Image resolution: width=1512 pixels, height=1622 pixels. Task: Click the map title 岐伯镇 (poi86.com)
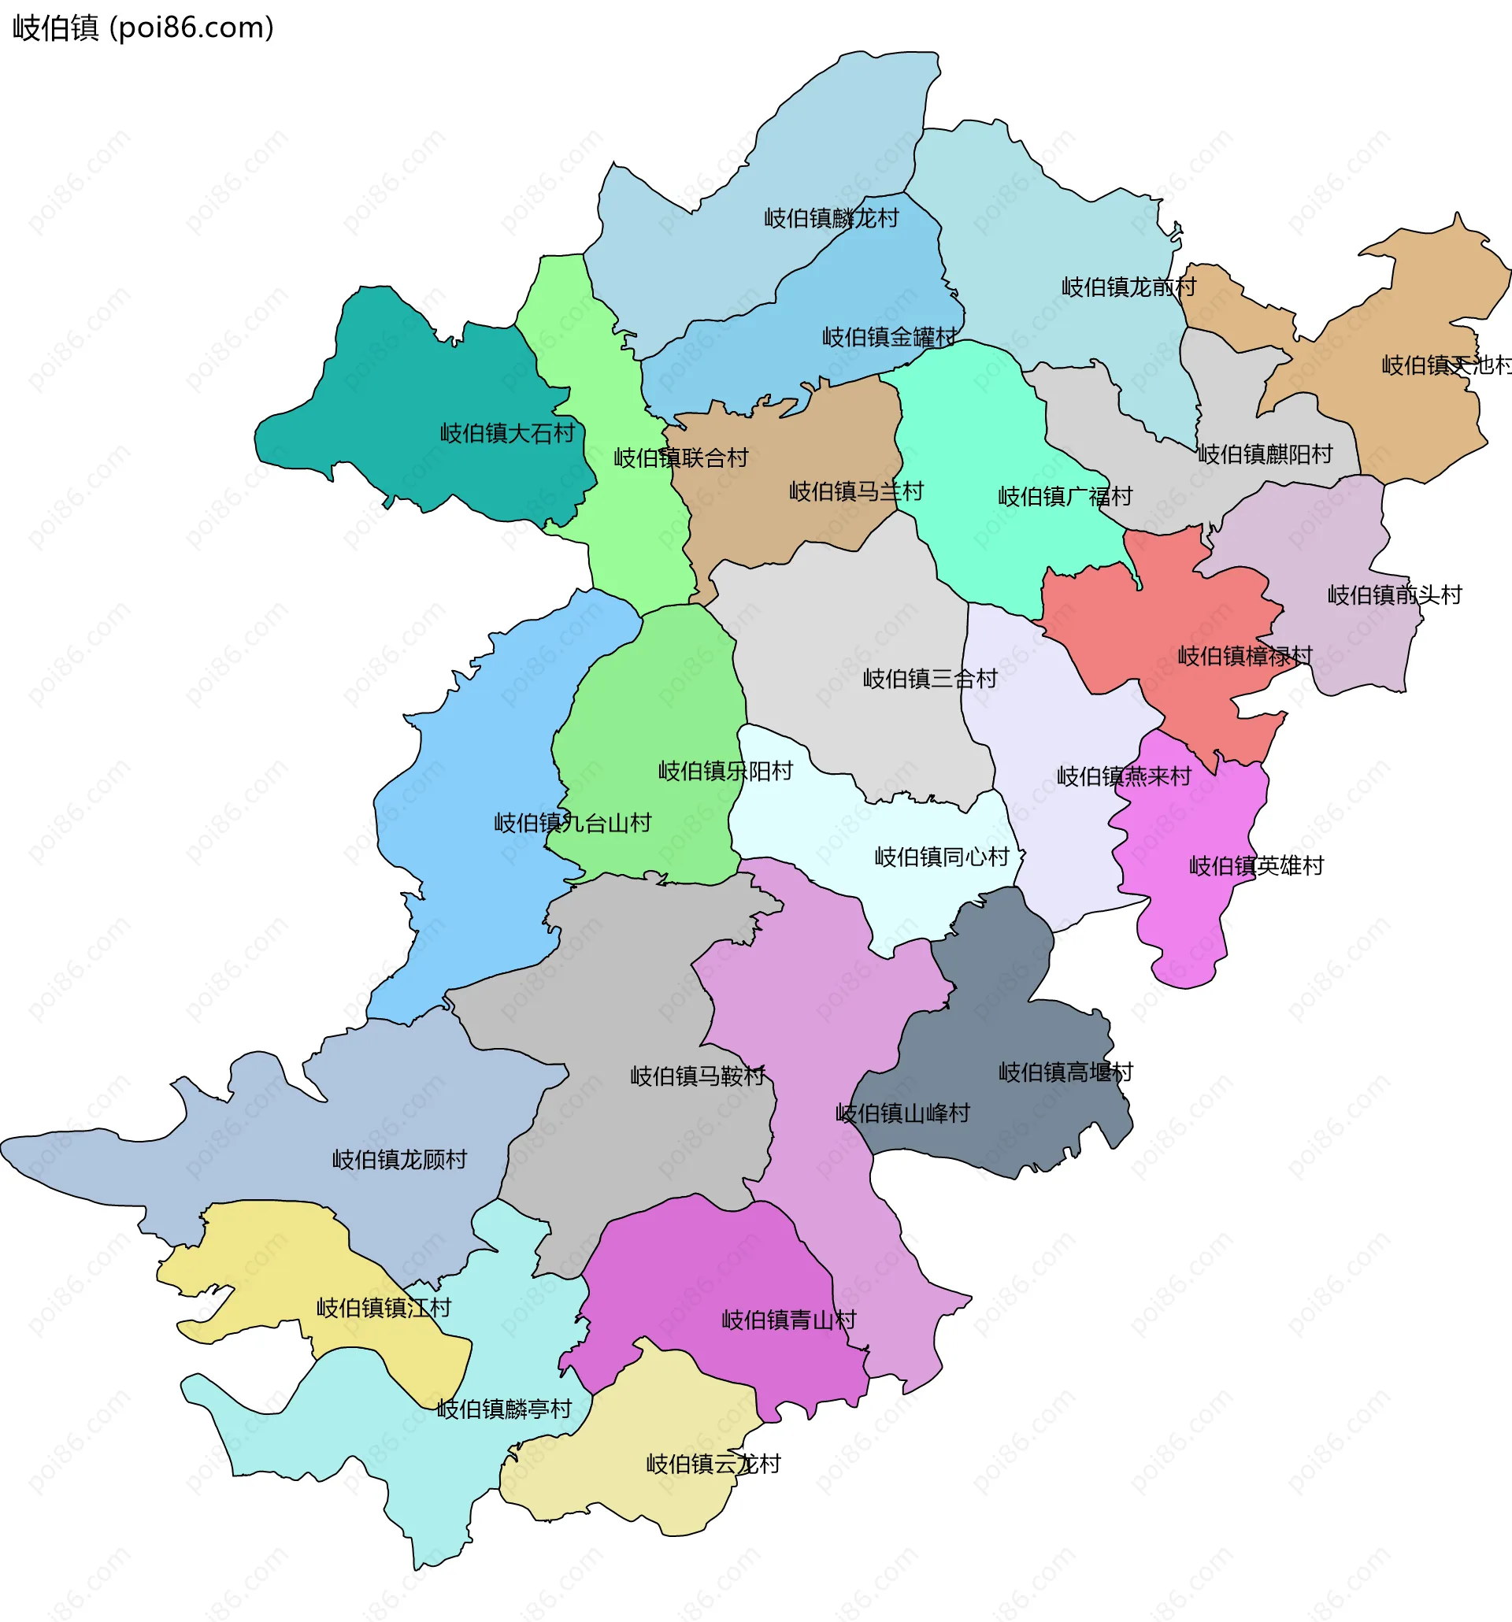(x=143, y=28)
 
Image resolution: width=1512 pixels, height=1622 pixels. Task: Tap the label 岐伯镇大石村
(x=507, y=433)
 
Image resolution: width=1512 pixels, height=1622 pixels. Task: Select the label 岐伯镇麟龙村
(x=831, y=219)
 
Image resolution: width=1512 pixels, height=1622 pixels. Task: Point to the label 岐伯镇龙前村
(x=1128, y=287)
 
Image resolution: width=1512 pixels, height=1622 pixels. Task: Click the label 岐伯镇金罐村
(x=888, y=337)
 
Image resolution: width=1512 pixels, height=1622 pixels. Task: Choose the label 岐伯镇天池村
(x=1445, y=365)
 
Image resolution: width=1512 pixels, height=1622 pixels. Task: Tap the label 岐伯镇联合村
(x=680, y=457)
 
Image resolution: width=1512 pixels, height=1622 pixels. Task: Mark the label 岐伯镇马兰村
(x=856, y=491)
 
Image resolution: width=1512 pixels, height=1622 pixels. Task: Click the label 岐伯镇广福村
(x=1065, y=496)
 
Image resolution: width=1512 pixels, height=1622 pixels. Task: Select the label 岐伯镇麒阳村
(x=1265, y=454)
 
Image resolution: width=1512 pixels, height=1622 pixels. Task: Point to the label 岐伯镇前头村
(x=1395, y=594)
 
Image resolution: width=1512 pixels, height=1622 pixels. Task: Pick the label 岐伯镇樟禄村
(x=1244, y=656)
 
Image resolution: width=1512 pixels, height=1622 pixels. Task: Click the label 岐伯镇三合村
(x=930, y=679)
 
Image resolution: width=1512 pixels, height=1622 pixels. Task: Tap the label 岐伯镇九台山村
(x=572, y=824)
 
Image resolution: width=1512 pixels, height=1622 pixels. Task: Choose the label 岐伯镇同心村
(x=942, y=857)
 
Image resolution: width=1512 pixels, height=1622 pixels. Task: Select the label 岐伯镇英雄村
(x=1256, y=865)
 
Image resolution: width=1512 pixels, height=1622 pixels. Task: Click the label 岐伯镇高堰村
(x=1065, y=1072)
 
